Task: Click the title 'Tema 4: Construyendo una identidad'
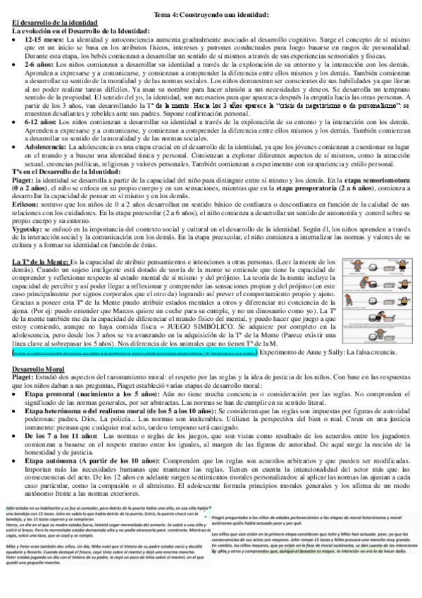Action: pos(211,15)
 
